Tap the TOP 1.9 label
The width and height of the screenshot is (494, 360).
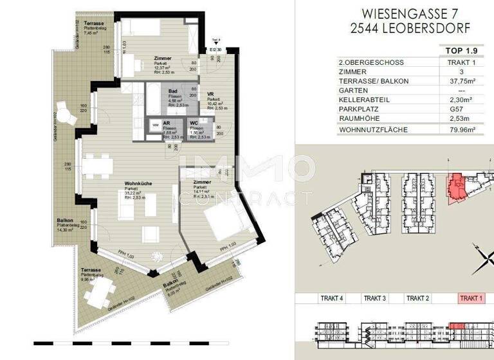[459, 50]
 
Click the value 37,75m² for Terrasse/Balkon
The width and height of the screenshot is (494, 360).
[461, 82]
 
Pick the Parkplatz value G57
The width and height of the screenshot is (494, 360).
[461, 110]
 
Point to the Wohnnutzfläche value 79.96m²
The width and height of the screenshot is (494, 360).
[461, 130]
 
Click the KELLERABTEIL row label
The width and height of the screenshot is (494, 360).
[364, 100]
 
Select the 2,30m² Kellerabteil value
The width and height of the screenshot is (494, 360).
[461, 100]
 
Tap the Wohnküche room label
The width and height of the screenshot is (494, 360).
[138, 184]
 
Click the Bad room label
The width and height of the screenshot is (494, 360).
[172, 92]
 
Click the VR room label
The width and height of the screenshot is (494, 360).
[210, 95]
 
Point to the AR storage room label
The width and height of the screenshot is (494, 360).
[166, 123]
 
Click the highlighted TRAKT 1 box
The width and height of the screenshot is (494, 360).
[470, 298]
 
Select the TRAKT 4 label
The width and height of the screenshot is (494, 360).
[332, 298]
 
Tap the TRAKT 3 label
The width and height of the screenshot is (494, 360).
[374, 298]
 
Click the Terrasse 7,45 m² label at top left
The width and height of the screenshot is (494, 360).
[85, 24]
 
